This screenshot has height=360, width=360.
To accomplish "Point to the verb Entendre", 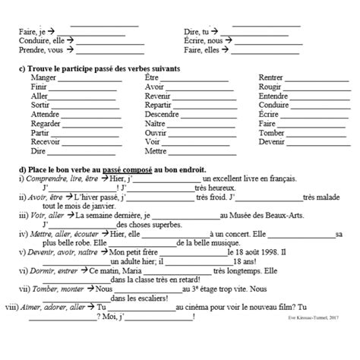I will (x=275, y=96).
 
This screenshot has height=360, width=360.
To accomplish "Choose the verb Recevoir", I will (x=46, y=141).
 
